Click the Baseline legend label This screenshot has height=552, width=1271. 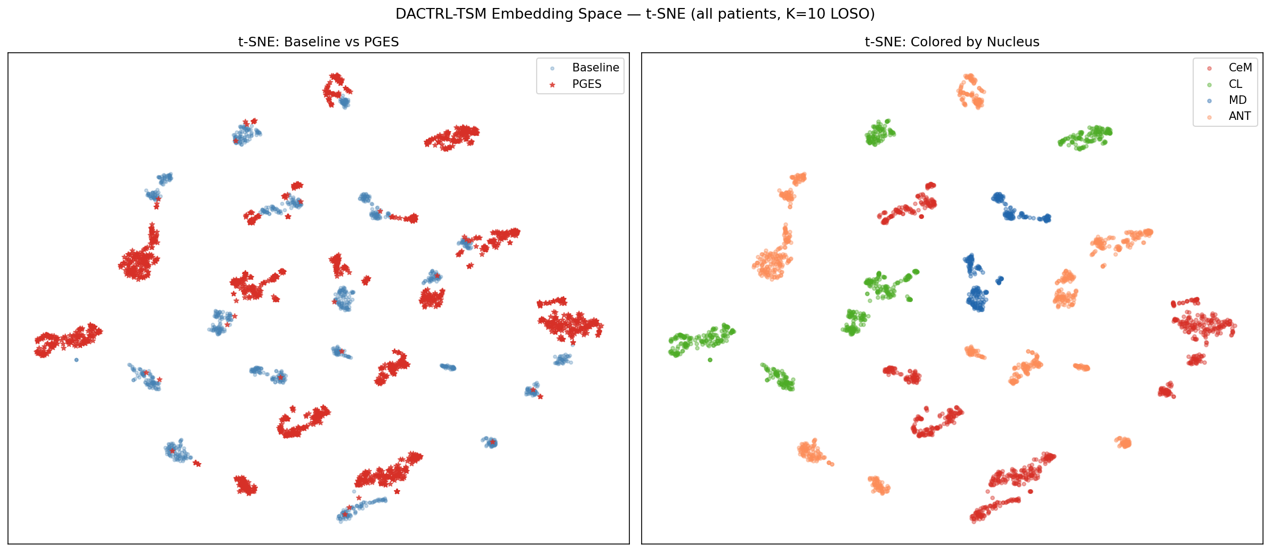(595, 68)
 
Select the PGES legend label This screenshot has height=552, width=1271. (586, 84)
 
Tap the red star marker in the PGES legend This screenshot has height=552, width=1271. (552, 85)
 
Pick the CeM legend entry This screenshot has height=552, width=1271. (1240, 68)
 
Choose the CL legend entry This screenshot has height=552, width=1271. (1235, 84)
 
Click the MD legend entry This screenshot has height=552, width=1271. (1237, 100)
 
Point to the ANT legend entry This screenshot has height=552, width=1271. (1240, 116)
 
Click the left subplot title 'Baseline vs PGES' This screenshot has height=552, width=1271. (318, 42)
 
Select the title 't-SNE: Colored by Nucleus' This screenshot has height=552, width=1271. (952, 42)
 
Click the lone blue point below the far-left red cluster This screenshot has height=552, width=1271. (76, 360)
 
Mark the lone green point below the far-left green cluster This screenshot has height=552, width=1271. (710, 360)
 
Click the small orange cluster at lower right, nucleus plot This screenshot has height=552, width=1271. (1123, 442)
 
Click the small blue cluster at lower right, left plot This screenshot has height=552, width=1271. (490, 442)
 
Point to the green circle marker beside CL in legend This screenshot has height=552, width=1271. (1209, 85)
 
